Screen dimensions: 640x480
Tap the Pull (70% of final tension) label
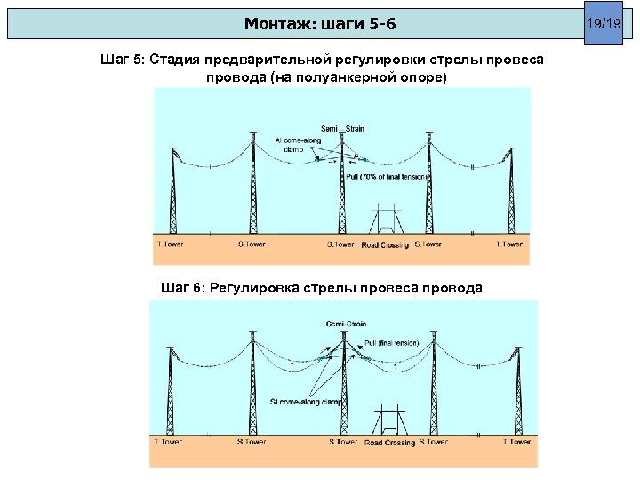pos(388,177)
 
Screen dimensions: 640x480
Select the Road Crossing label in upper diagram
pos(385,245)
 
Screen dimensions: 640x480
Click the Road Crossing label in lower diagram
pos(388,443)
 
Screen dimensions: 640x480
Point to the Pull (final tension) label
pos(392,342)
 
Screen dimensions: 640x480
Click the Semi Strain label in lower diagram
pos(346,324)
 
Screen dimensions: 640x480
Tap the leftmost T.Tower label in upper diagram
pos(171,244)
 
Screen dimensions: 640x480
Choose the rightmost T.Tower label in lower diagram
pos(516,442)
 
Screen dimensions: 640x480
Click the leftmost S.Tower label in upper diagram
pos(252,244)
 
